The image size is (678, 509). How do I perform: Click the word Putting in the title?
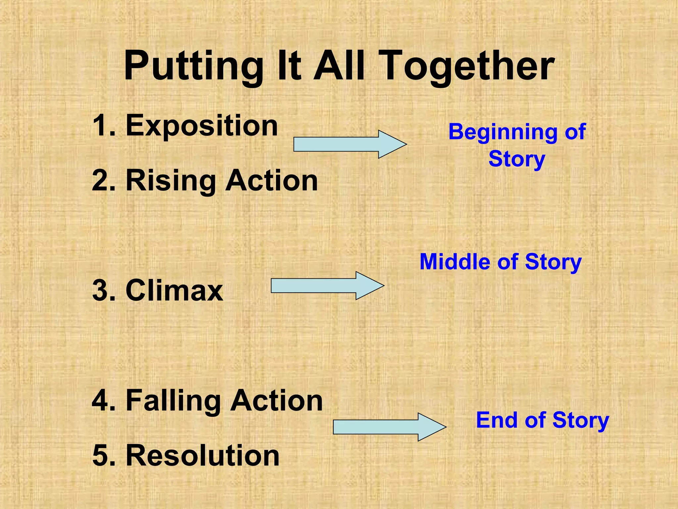pyautogui.click(x=193, y=66)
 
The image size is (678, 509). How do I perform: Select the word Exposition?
pyautogui.click(x=202, y=126)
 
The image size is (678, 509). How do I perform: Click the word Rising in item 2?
pyautogui.click(x=170, y=181)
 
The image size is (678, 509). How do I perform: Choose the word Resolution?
pyautogui.click(x=203, y=456)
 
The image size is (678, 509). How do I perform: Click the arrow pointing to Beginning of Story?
pyautogui.click(x=350, y=144)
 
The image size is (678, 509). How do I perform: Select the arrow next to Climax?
pyautogui.click(x=327, y=286)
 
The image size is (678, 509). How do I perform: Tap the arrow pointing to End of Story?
pyautogui.click(x=389, y=427)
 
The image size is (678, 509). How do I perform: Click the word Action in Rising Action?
pyautogui.click(x=271, y=181)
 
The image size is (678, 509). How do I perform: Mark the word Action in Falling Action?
pyautogui.click(x=276, y=401)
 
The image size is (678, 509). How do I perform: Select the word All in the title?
pyautogui.click(x=339, y=66)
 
